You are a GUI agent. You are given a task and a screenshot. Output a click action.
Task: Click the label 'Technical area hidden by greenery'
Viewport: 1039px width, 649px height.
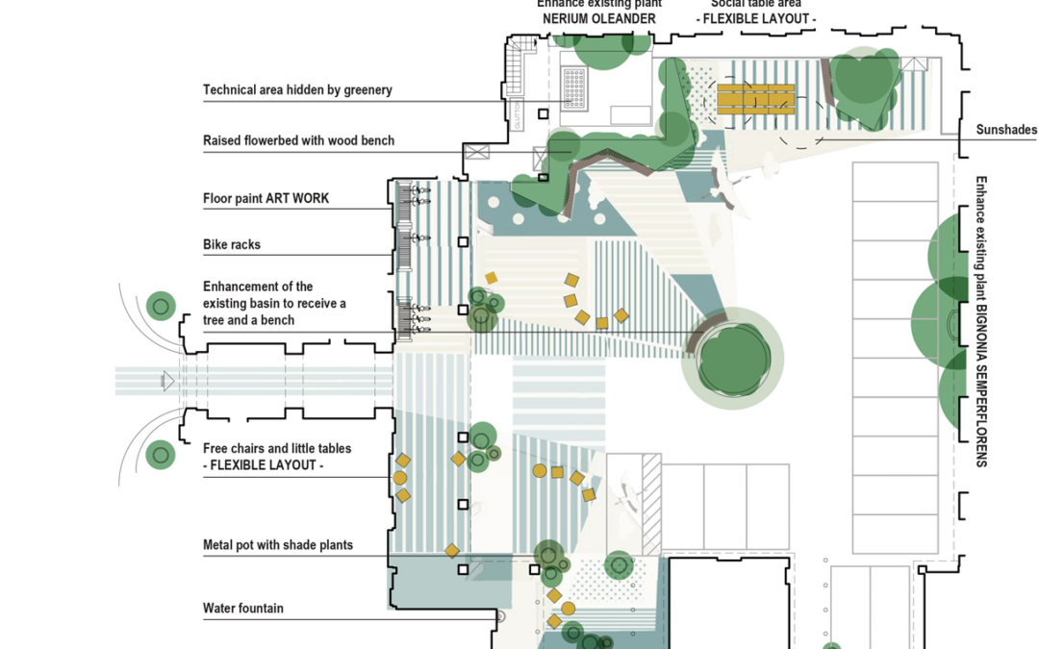click(297, 90)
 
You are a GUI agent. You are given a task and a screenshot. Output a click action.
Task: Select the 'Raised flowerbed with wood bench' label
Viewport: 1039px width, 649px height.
click(298, 141)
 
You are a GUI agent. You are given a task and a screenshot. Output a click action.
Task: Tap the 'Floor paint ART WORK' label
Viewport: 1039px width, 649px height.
click(266, 199)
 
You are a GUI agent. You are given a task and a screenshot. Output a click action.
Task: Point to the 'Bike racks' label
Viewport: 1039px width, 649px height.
click(232, 245)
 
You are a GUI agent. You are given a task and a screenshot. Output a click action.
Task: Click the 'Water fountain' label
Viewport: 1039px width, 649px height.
click(243, 608)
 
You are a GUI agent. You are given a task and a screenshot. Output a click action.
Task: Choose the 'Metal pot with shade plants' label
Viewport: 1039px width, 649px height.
click(278, 545)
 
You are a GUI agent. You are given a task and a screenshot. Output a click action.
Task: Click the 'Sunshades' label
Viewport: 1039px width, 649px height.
click(1006, 130)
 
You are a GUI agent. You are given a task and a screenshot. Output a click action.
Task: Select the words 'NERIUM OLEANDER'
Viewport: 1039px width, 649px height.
click(597, 18)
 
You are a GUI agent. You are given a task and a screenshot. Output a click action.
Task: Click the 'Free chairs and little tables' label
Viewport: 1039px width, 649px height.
click(277, 449)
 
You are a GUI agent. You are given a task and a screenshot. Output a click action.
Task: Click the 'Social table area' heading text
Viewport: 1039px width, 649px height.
click(756, 4)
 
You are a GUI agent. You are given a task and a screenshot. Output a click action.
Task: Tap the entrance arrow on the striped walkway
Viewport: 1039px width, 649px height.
click(168, 382)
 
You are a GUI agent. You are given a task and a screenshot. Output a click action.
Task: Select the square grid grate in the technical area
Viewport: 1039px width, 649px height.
click(581, 89)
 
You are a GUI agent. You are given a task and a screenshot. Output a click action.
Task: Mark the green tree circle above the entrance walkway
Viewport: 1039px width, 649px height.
click(161, 307)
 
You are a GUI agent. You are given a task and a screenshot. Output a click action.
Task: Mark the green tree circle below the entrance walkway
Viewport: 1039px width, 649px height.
click(161, 454)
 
